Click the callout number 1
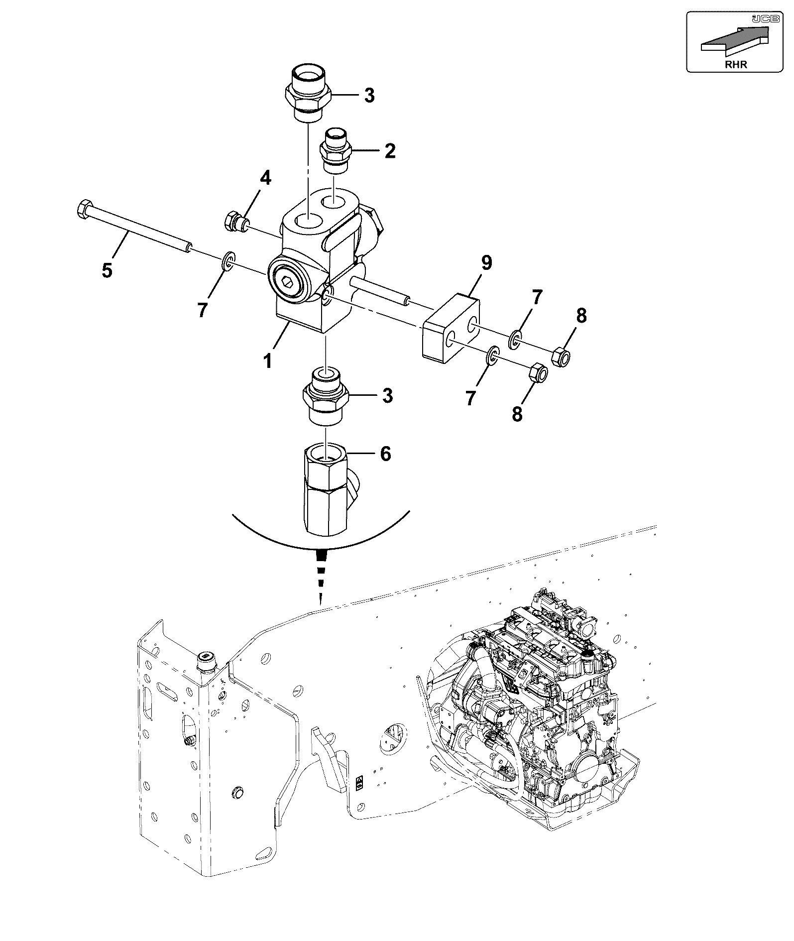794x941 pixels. (x=268, y=360)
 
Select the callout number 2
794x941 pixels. (x=390, y=150)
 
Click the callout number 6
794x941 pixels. (x=385, y=454)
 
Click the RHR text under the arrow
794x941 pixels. (x=736, y=64)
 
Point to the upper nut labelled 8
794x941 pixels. (x=562, y=355)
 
